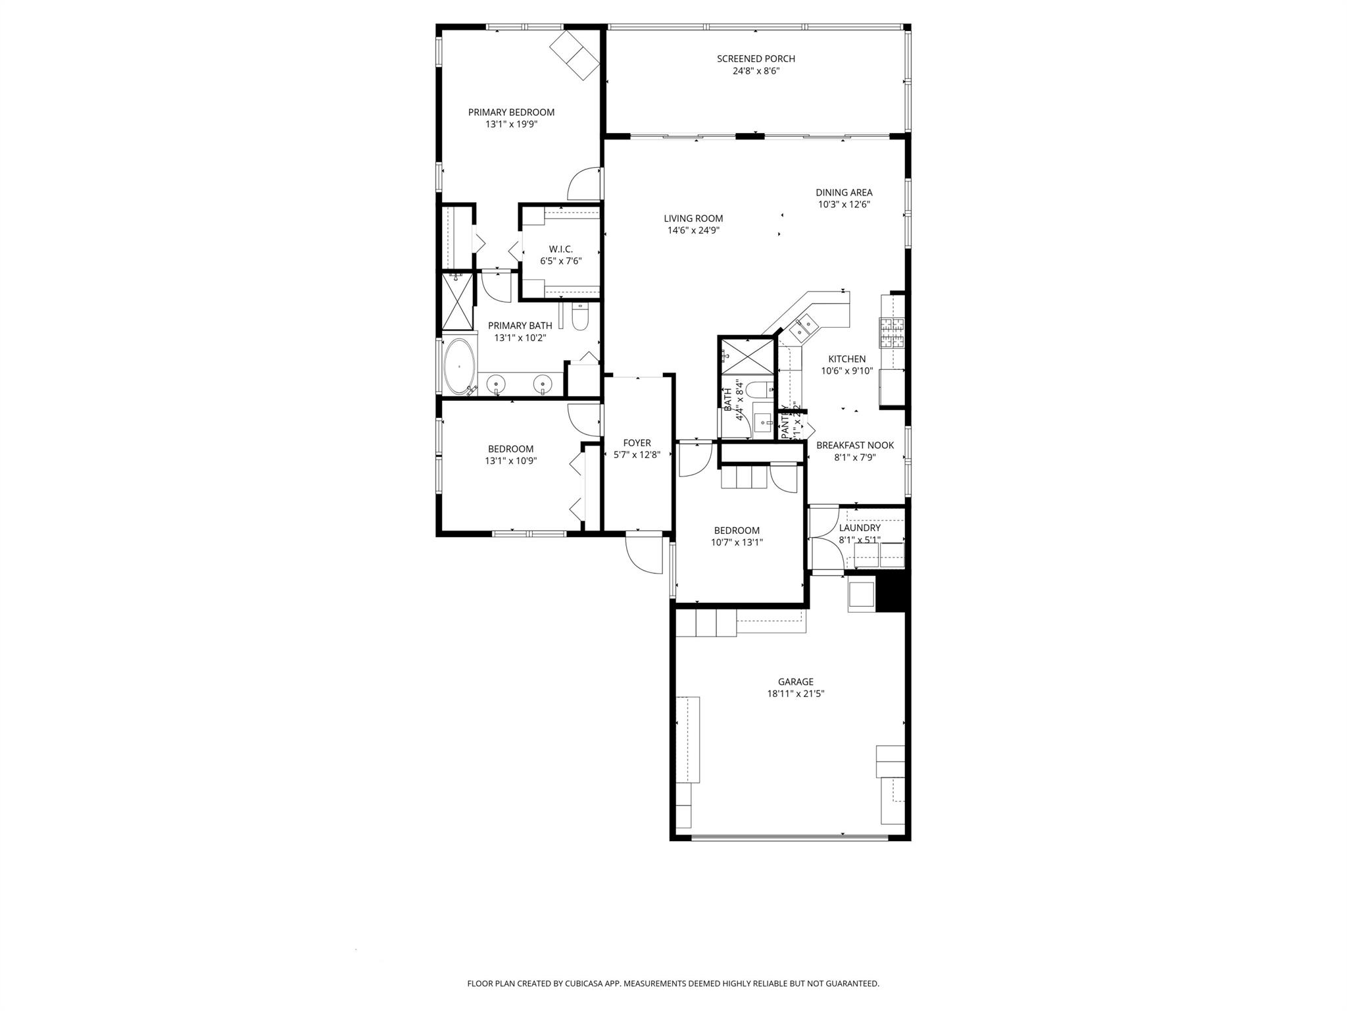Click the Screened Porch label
click(756, 59)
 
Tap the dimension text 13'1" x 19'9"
click(511, 124)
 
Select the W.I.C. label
click(560, 249)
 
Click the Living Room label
click(693, 219)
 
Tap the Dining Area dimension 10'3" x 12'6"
click(844, 204)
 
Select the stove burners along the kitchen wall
click(892, 332)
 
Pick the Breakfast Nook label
click(854, 445)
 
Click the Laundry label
click(859, 528)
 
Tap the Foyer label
click(637, 443)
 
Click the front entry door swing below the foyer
click(644, 554)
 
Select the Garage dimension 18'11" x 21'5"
click(795, 694)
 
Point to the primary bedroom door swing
click(584, 184)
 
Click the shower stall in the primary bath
click(457, 301)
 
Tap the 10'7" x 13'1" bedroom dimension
click(737, 542)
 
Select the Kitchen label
click(846, 359)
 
